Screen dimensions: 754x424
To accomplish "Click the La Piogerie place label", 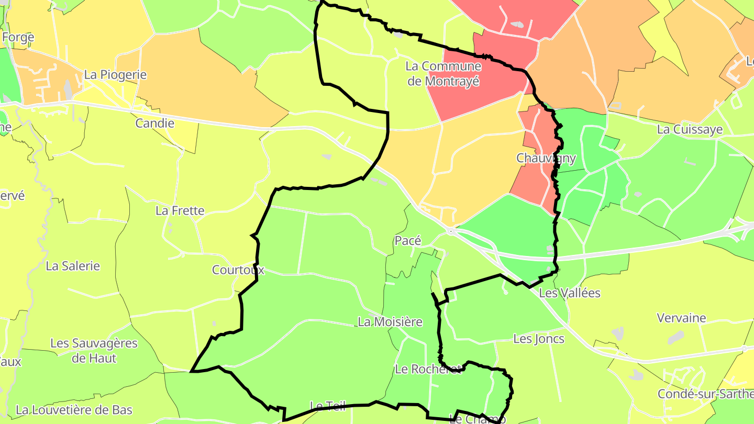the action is pyautogui.click(x=115, y=75).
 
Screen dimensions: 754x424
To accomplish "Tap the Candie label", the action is pyautogui.click(x=154, y=124).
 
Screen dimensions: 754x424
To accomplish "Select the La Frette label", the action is pyautogui.click(x=180, y=211).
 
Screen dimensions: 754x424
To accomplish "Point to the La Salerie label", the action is pyautogui.click(x=73, y=266).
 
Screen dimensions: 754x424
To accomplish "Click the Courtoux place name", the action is pyautogui.click(x=238, y=270).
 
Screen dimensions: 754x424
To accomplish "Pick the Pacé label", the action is pyautogui.click(x=408, y=241).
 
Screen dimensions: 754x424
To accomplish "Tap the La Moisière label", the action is pyautogui.click(x=390, y=322).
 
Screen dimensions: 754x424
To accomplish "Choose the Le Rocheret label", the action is pyautogui.click(x=428, y=369).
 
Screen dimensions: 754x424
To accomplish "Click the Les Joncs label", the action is pyautogui.click(x=539, y=339).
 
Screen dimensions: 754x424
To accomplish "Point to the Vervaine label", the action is pyautogui.click(x=681, y=318).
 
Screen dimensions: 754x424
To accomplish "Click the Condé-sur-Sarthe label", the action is pyautogui.click(x=705, y=394).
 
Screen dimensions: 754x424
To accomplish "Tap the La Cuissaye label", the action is pyautogui.click(x=690, y=130).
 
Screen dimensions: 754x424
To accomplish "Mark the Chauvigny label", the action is pyautogui.click(x=546, y=158).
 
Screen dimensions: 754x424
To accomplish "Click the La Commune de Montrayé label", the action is pyautogui.click(x=443, y=74).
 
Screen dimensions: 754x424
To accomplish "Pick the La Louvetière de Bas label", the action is pyautogui.click(x=74, y=409).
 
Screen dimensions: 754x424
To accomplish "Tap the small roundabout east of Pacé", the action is pyautogui.click(x=450, y=230).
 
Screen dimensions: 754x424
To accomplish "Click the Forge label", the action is pyautogui.click(x=18, y=37).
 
